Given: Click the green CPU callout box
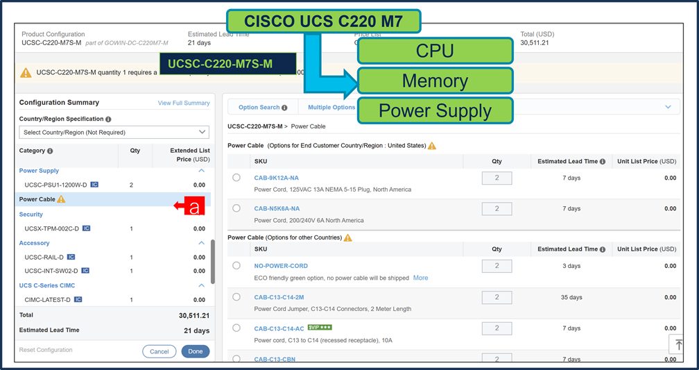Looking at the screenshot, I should [x=435, y=51].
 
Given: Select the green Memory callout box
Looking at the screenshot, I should [x=435, y=81].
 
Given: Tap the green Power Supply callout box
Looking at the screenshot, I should [x=435, y=111].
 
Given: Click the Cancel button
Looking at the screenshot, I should [x=159, y=351].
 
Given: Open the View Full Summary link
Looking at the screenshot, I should [x=184, y=103].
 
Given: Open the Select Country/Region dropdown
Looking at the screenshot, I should [x=114, y=132].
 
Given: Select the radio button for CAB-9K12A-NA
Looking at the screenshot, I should [x=236, y=178].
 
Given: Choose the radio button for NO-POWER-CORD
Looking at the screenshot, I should [x=236, y=266].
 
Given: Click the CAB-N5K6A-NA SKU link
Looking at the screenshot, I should [x=277, y=208].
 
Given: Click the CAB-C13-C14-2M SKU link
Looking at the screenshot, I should [x=279, y=297].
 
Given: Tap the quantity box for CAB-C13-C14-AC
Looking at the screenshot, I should [x=497, y=328].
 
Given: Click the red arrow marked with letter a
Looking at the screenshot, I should [x=189, y=205].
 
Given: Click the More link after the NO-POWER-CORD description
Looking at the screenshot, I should [x=420, y=278].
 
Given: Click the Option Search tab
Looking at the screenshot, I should [x=259, y=108].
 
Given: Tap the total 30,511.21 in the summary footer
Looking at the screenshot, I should [x=194, y=315].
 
